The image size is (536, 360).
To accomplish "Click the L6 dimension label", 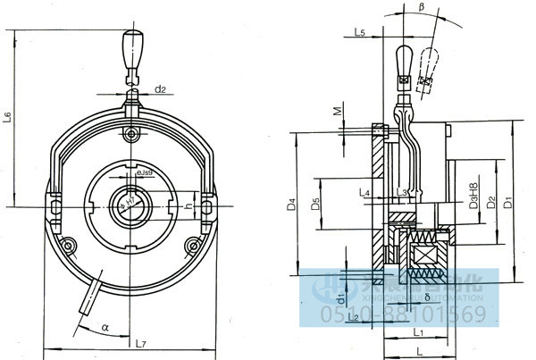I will [7, 116].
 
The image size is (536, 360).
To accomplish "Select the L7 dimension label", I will [141, 342].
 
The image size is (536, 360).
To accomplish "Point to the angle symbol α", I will [105, 328].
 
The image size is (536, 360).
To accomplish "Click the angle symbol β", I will [421, 7].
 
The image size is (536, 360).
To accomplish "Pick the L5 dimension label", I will [358, 32].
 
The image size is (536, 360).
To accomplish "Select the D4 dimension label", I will [291, 206].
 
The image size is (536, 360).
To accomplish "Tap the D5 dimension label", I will [315, 206].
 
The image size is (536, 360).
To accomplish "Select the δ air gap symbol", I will [428, 296].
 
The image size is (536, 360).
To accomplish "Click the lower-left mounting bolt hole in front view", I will [68, 245].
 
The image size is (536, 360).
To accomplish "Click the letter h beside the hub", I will [187, 205].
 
